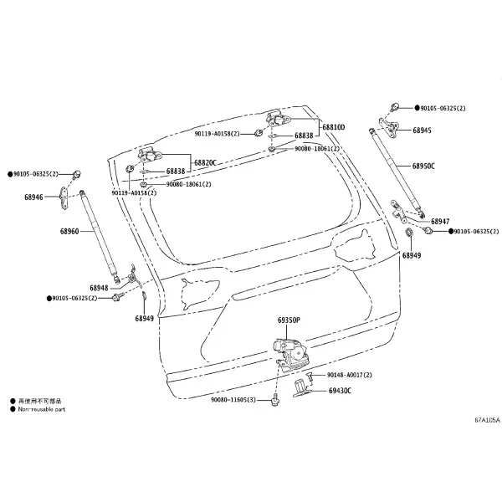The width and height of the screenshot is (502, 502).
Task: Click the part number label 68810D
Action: pyautogui.click(x=334, y=127)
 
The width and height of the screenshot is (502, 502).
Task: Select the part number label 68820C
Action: pyautogui.click(x=205, y=162)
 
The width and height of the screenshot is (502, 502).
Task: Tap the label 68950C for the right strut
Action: pyautogui.click(x=423, y=166)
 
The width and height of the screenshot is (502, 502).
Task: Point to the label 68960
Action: pyautogui.click(x=69, y=231)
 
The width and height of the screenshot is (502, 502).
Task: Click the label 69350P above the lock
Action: pyautogui.click(x=289, y=320)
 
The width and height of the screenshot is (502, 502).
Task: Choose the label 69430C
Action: pyautogui.click(x=340, y=391)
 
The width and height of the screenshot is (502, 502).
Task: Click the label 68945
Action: pyautogui.click(x=422, y=131)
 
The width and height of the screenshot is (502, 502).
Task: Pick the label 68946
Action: pyautogui.click(x=33, y=197)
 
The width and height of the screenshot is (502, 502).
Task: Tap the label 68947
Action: pyautogui.click(x=440, y=221)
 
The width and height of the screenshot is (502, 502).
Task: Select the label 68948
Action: pyautogui.click(x=99, y=288)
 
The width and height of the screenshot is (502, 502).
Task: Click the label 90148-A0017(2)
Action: pyautogui.click(x=350, y=375)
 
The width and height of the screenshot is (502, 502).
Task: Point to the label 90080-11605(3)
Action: pyautogui.click(x=233, y=400)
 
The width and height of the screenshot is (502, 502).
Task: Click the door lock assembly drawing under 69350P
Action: pyautogui.click(x=290, y=355)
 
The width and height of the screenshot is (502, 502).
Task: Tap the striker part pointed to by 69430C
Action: pyautogui.click(x=301, y=388)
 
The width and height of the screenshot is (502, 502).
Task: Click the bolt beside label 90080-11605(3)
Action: pyautogui.click(x=274, y=401)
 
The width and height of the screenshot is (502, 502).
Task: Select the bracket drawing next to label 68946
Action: pyautogui.click(x=64, y=197)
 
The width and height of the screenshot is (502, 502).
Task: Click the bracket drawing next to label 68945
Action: pyautogui.click(x=390, y=127)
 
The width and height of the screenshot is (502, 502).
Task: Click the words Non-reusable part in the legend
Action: pyautogui.click(x=42, y=409)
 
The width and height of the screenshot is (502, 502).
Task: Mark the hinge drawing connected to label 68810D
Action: pyautogui.click(x=277, y=120)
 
